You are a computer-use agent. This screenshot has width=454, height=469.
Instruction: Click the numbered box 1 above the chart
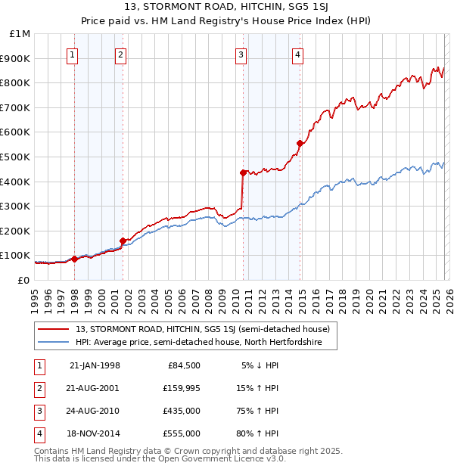[x=72, y=54]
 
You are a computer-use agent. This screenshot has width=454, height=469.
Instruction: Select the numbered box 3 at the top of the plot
[x=241, y=54]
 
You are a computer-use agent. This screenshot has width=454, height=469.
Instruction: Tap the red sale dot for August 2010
[x=243, y=172]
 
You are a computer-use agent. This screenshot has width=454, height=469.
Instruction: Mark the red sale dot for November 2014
[x=300, y=143]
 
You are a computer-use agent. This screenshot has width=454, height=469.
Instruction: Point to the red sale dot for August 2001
[x=123, y=241]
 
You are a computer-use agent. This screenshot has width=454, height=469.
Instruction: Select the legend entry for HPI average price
[x=199, y=343]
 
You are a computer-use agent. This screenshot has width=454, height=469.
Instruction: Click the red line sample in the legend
[x=53, y=330]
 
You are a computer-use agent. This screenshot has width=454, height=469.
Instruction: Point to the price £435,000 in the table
[x=181, y=412]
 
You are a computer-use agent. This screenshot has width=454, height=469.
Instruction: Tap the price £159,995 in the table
[x=181, y=389]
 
